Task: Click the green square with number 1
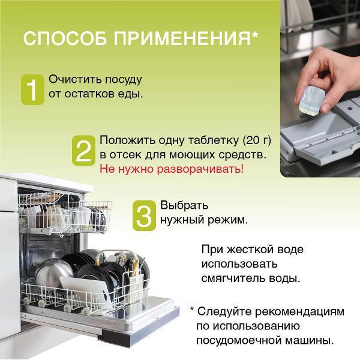(33, 89)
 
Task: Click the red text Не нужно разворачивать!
(172, 169)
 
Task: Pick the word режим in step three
(226, 220)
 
